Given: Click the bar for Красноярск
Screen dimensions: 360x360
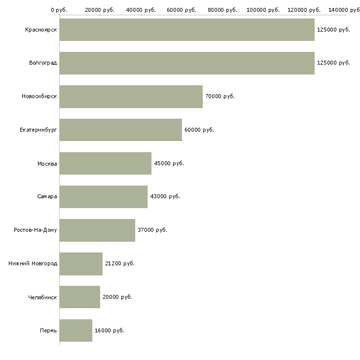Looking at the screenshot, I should coord(186,30).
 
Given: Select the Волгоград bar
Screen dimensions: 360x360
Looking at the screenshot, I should coord(186,63).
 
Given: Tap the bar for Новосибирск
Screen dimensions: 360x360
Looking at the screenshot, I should coord(131,97).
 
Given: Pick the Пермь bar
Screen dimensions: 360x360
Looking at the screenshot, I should coord(75,330).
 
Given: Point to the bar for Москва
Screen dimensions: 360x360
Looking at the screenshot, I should coord(105,163).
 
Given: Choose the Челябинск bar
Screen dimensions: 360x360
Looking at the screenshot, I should coord(79,297).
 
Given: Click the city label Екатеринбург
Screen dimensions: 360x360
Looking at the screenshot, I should coord(38,130).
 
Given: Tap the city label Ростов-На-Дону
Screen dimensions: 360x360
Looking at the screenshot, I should coord(36,230).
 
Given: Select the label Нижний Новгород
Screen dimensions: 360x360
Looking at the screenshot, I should coord(33,263).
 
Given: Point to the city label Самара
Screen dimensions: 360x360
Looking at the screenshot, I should coord(47,197).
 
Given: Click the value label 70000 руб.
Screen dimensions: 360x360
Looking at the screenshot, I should coord(220,97).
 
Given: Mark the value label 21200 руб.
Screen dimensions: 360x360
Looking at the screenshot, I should coord(120,263).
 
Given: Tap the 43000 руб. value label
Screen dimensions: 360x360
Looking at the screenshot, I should coord(165,197).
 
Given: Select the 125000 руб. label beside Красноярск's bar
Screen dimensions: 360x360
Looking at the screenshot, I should coord(333,30).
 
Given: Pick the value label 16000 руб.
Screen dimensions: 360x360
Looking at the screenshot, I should coord(109,330).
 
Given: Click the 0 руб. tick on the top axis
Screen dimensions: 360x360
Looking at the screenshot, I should coord(59,10).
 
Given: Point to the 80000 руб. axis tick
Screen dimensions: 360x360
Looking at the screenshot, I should coord(222,10).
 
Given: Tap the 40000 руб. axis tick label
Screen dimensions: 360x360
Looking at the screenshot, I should coord(141,10).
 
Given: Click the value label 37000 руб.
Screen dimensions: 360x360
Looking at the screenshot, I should coord(152,230).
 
